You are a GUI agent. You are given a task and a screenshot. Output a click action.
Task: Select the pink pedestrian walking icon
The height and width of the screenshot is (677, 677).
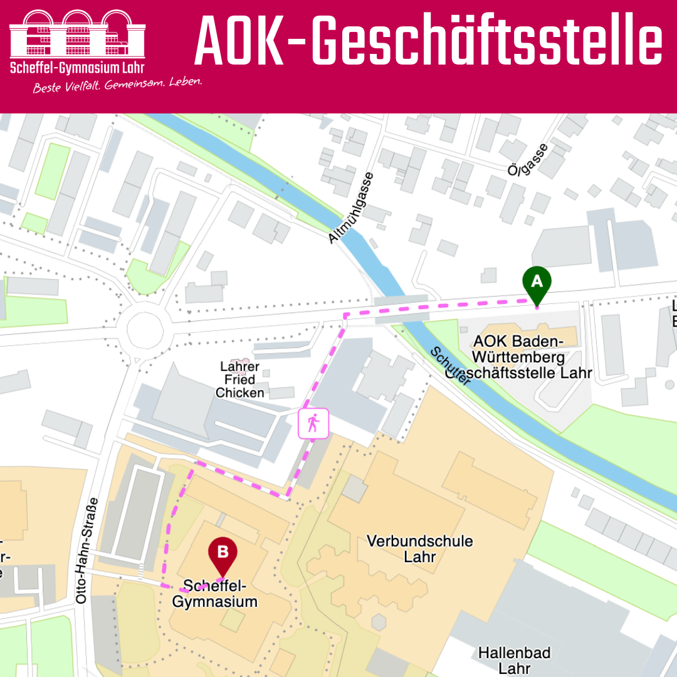(313, 424)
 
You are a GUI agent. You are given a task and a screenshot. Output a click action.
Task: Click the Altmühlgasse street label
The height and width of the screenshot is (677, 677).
(352, 207)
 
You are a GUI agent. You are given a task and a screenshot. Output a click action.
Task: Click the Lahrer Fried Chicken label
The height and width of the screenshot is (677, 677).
(240, 380)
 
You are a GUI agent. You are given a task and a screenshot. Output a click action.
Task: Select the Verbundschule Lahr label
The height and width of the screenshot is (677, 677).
(420, 548)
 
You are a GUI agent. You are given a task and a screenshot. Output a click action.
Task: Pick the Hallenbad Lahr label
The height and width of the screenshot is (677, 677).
(514, 660)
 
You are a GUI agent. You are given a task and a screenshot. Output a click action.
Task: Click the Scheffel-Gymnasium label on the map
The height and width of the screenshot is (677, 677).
(215, 594)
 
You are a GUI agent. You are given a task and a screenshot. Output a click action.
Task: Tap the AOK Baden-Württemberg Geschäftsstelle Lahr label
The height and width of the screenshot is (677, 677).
(533, 357)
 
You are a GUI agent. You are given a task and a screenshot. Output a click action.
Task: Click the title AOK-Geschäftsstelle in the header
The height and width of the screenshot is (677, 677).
(428, 43)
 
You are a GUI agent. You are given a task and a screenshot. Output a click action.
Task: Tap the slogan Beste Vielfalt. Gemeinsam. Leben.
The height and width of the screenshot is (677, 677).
(117, 85)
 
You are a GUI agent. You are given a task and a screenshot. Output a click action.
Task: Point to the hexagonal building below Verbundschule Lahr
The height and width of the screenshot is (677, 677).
(379, 622)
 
